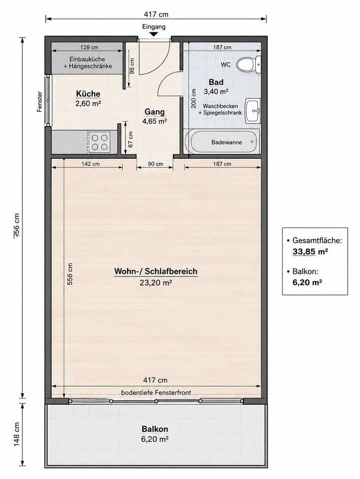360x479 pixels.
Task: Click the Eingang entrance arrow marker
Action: pos(154,34)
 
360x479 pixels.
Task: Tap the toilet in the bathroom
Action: pos(249,64)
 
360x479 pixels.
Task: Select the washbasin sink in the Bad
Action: pos(253,110)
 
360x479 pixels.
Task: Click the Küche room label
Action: pos(88,94)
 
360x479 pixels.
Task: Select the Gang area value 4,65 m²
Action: pos(155,121)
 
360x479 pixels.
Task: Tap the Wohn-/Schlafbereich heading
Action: pos(156,271)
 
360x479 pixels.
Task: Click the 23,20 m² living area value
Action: pos(156,282)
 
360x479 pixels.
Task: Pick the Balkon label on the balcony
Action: pos(155,429)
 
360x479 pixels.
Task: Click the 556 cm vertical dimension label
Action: pos(70,274)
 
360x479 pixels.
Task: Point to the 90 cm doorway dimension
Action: pos(156,164)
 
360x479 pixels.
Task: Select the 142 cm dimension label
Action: pos(91,164)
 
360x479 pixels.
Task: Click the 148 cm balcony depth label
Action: pos(16,435)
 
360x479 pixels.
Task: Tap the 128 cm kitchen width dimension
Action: pos(89,47)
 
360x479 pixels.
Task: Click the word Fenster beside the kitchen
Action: pos(40,102)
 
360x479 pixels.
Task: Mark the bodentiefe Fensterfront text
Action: pos(156,393)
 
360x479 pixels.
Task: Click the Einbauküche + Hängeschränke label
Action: pos(88,63)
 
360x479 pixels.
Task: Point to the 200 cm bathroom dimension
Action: pos(193,98)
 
